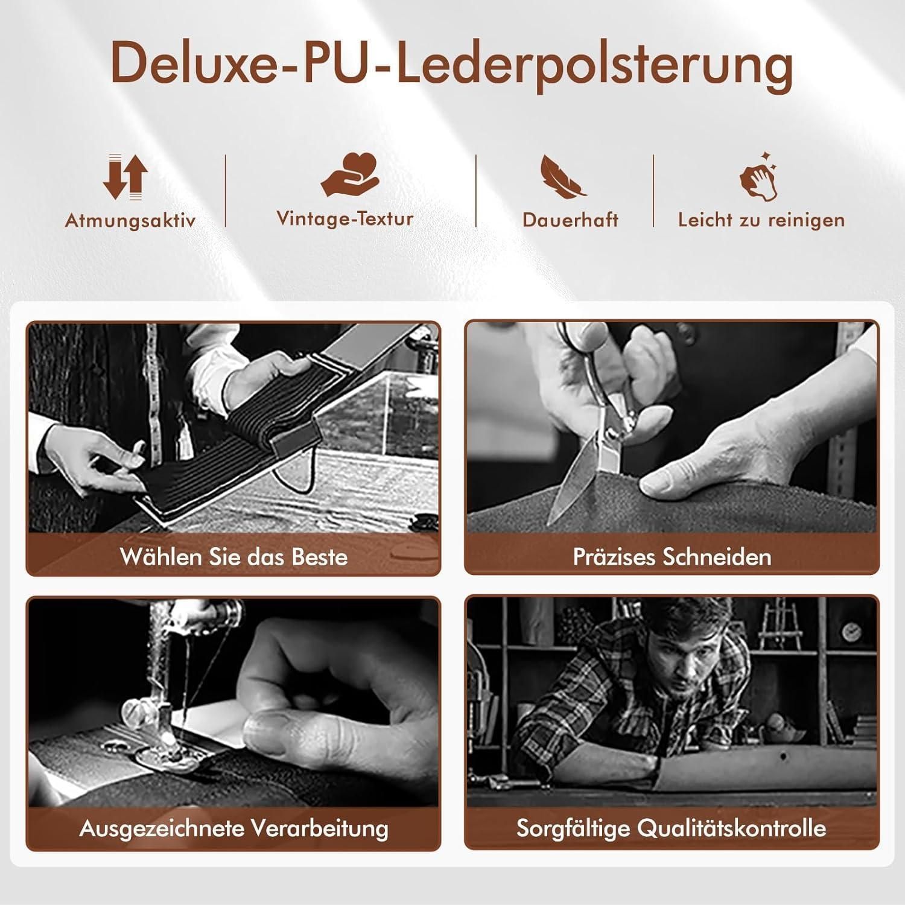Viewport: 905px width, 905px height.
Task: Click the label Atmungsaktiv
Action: tap(130, 221)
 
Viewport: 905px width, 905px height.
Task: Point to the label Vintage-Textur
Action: tap(345, 218)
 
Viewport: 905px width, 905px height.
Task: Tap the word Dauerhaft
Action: tap(571, 220)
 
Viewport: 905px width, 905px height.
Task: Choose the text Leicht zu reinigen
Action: tap(761, 220)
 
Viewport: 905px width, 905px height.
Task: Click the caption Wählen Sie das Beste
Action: tap(234, 556)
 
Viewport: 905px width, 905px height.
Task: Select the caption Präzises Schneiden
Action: tap(672, 556)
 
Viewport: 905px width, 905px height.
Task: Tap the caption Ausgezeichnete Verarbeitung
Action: tap(234, 828)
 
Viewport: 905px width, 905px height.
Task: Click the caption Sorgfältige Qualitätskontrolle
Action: tap(672, 828)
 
